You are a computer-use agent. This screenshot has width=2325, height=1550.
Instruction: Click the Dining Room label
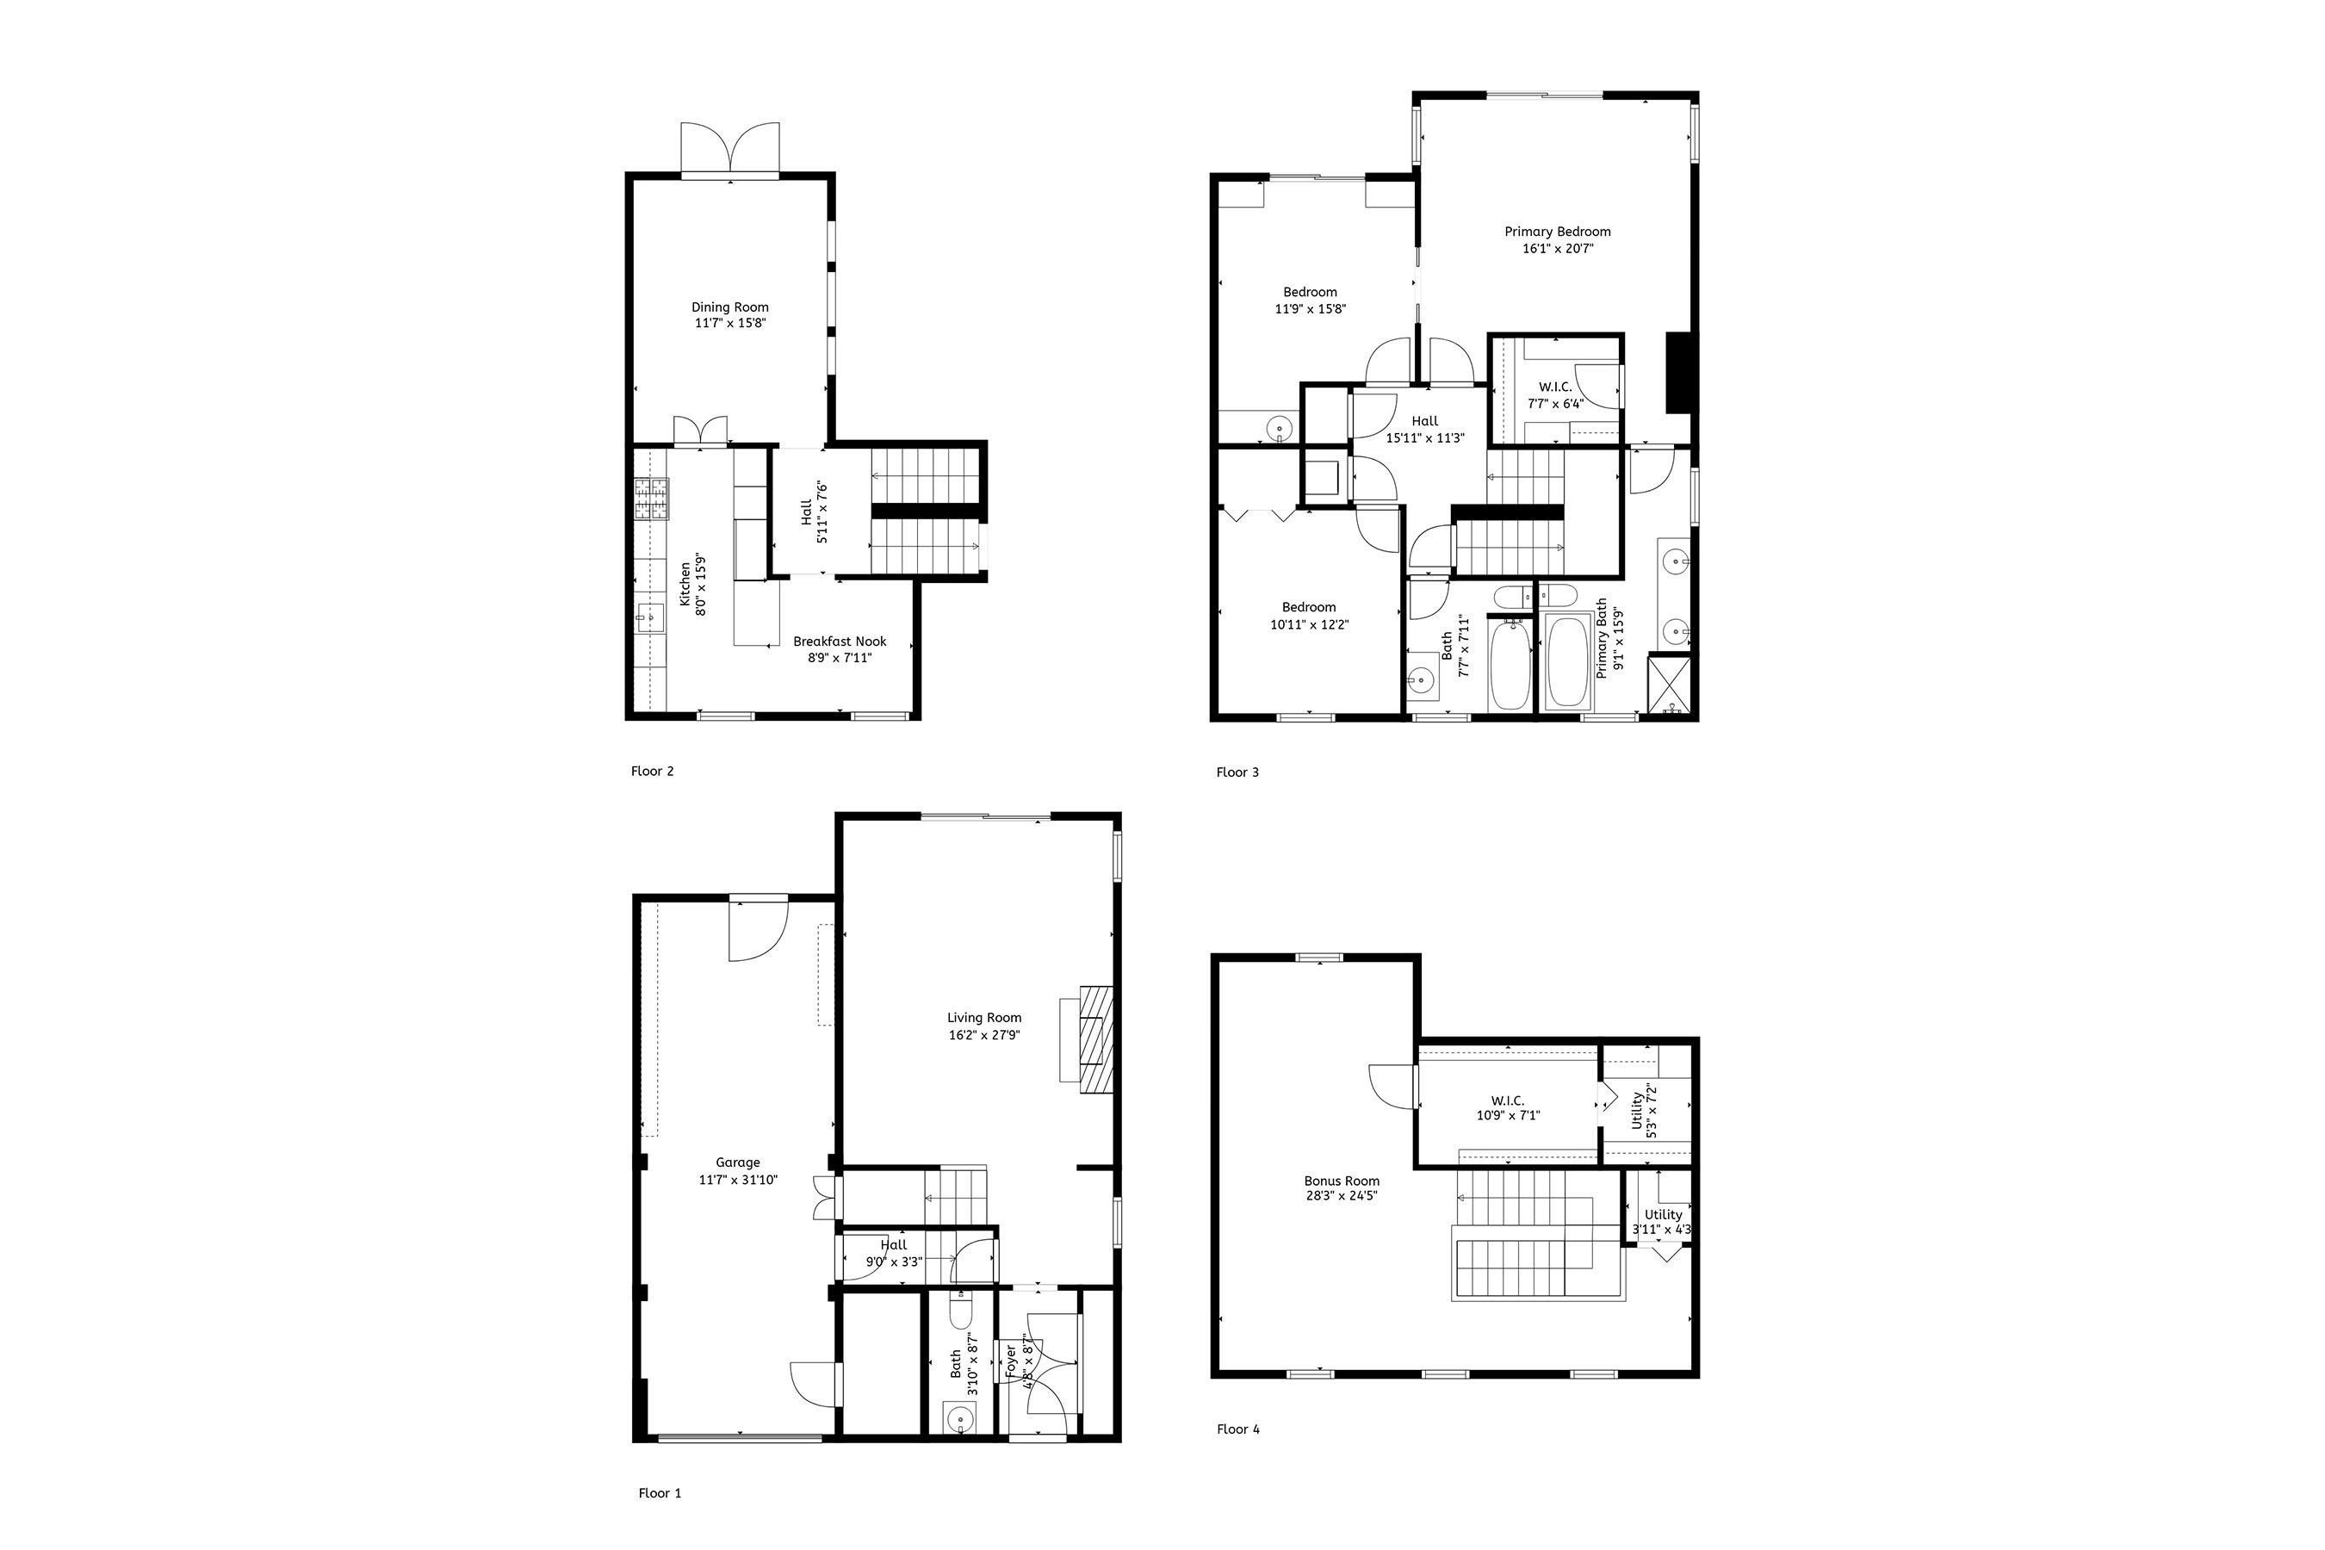[x=729, y=307]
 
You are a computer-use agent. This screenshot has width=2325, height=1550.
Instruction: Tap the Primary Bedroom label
[x=1557, y=232]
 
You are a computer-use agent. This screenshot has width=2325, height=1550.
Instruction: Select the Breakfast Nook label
[x=840, y=642]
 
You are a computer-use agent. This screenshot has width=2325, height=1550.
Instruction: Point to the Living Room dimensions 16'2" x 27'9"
[x=983, y=1035]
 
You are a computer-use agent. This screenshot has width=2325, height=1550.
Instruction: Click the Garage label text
[x=737, y=1162]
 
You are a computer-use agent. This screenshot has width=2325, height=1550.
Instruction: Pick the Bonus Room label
[x=1342, y=1181]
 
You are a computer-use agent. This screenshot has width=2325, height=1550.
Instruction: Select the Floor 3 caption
[x=1237, y=772]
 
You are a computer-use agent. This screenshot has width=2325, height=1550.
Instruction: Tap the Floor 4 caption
[x=1237, y=1429]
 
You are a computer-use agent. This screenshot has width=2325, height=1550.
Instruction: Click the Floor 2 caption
[x=653, y=771]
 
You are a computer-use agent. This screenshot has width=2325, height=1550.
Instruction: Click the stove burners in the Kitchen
[x=652, y=499]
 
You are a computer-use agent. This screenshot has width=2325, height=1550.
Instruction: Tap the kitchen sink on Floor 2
[x=650, y=617]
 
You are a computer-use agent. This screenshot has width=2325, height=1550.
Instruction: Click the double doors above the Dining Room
[x=729, y=148]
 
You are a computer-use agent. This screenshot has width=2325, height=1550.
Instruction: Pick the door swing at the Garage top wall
[x=757, y=927]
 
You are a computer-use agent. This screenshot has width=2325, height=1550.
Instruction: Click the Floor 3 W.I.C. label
[x=1555, y=387]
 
